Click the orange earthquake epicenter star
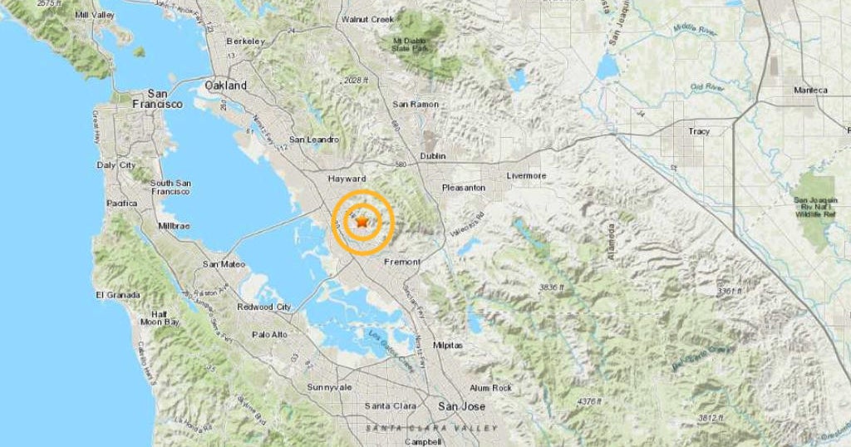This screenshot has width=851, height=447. click(x=362, y=222)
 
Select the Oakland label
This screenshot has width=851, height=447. click(x=226, y=86)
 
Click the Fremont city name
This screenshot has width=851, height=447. click(x=402, y=262)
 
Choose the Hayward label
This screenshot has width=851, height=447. click(x=347, y=179)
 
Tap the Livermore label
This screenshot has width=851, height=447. click(x=527, y=176)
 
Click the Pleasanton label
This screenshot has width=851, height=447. click(x=464, y=188)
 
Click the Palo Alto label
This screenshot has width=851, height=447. click(x=269, y=335)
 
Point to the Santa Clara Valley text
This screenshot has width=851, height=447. click(x=432, y=428)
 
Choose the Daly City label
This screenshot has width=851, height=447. click(x=116, y=165)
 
